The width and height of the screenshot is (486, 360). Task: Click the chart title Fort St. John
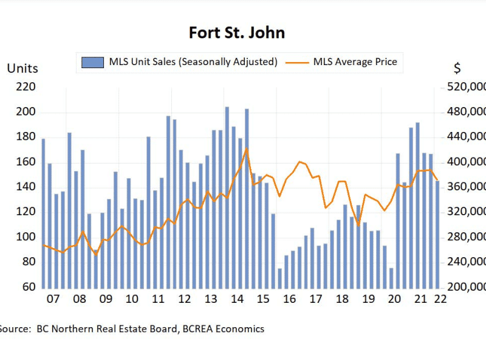(237, 32)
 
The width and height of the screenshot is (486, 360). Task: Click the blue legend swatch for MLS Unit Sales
(92, 62)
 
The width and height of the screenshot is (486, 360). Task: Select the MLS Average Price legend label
(355, 62)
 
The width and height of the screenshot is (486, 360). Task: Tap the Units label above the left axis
(22, 68)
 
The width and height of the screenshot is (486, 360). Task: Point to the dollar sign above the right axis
(457, 68)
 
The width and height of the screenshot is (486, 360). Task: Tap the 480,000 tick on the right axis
(467, 112)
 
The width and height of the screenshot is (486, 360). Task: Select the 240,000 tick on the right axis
(467, 262)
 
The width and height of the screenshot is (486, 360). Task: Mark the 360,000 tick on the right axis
(467, 187)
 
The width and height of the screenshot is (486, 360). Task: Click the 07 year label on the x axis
(53, 300)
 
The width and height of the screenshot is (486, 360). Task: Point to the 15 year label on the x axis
(262, 300)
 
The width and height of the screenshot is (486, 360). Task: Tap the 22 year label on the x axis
(440, 300)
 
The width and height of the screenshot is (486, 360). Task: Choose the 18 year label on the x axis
(341, 300)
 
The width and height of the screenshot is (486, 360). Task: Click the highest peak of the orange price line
(246, 149)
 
